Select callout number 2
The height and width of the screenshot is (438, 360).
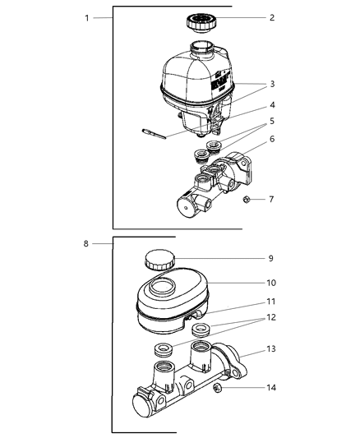coord(272,18)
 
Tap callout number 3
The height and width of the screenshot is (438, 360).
coord(272,84)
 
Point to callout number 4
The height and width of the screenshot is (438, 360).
coord(272,104)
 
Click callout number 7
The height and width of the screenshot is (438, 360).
coord(272,198)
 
